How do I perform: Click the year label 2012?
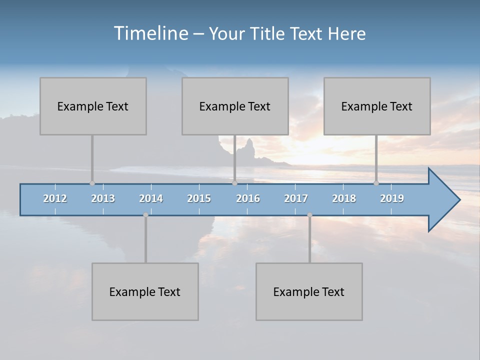(x=55, y=198)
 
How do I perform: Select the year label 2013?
(x=103, y=198)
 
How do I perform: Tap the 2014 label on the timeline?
(x=151, y=198)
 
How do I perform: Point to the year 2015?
(x=199, y=198)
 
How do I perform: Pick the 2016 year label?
(x=248, y=198)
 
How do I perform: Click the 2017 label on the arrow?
(x=296, y=198)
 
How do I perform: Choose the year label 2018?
(x=344, y=198)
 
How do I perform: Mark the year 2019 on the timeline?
(x=392, y=198)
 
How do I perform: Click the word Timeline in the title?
(x=150, y=33)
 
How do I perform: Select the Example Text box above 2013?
(x=93, y=106)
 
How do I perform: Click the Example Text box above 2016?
(x=235, y=106)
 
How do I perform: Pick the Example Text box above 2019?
(x=377, y=106)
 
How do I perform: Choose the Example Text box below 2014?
(x=145, y=291)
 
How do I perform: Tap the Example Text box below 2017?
(x=309, y=291)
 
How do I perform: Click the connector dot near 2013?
(x=92, y=183)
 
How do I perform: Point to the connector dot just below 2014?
(x=145, y=215)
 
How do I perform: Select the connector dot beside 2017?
(x=309, y=215)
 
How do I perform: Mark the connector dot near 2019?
(x=376, y=183)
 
